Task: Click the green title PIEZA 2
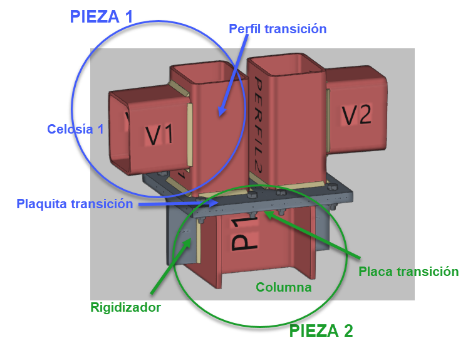point(321,331)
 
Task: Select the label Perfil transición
point(278,29)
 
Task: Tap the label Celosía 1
point(75,129)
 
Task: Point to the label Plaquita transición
point(75,204)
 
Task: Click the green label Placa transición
point(408,272)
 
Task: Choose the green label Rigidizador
point(126,307)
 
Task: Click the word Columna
point(283,287)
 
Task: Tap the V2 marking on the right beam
point(356,115)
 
